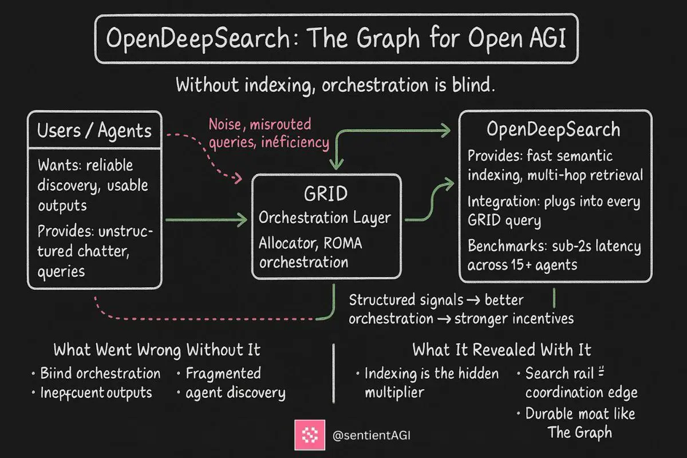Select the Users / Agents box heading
[x=94, y=131]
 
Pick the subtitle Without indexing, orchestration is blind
[x=335, y=86]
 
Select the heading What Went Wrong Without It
[x=157, y=349]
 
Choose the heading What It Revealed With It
[x=502, y=349]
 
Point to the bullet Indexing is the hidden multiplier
[x=431, y=382]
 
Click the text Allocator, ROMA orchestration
[x=311, y=253]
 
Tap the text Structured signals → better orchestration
[x=436, y=309]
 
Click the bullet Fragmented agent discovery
[x=235, y=383]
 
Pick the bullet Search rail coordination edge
[x=579, y=383]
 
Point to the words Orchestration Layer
[x=325, y=218]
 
